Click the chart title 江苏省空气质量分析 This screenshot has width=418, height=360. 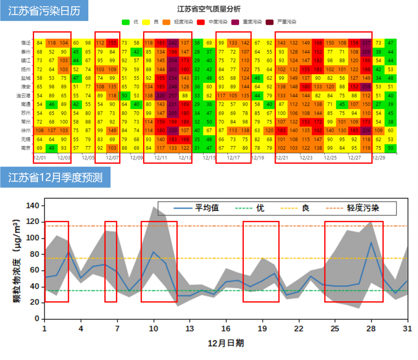209,9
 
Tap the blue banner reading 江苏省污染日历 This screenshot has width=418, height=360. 44,10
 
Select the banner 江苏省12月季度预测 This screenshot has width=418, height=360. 55,178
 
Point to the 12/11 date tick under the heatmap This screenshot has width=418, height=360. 160,158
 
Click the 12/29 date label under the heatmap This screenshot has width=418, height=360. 378,158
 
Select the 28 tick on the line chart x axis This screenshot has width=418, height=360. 372,329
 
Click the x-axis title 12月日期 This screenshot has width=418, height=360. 226,343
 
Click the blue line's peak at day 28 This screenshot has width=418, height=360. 371,243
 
